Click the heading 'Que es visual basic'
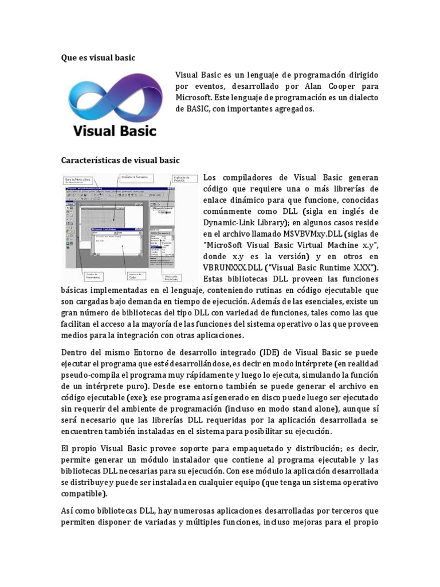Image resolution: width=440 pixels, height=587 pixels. point(98,57)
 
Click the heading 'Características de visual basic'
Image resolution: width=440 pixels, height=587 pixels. point(120,160)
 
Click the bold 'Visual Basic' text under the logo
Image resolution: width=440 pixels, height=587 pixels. point(115,131)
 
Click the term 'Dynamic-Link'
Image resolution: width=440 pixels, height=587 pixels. point(230,222)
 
